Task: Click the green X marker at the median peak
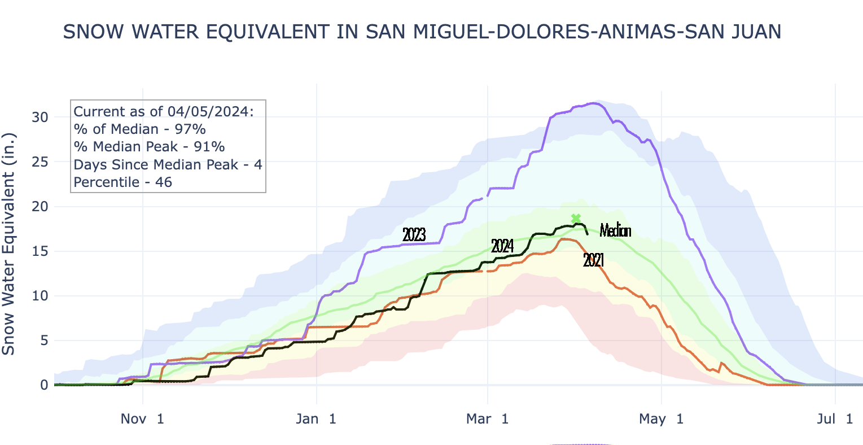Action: [x=576, y=219]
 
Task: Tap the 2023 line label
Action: [x=414, y=234]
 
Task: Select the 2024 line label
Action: [x=502, y=246]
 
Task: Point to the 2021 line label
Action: [x=594, y=260]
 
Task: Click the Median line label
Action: [x=615, y=230]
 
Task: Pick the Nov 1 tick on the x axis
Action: [x=143, y=419]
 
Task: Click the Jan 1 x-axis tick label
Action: [x=317, y=419]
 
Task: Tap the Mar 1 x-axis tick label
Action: [x=488, y=419]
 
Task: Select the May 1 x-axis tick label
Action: [x=661, y=419]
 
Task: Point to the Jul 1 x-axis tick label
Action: [x=834, y=419]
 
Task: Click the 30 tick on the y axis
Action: [x=40, y=117]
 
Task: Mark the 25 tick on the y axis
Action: [x=40, y=162]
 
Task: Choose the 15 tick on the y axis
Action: [x=40, y=251]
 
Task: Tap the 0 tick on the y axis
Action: [x=44, y=385]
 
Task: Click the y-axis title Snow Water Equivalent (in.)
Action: [x=8, y=244]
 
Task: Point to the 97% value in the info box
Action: [x=190, y=129]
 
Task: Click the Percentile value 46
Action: [x=164, y=182]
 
